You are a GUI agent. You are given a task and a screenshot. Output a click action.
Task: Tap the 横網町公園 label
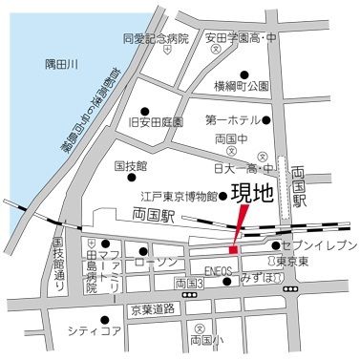point(244,86)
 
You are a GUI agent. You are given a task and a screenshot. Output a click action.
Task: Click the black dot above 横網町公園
point(244,72)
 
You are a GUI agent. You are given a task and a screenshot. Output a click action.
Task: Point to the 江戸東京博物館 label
point(174,196)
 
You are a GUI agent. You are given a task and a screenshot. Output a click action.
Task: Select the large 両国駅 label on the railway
point(159,215)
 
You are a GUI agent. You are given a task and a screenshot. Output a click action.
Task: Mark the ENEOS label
point(219,271)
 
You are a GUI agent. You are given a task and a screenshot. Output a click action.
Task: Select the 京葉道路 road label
point(154,309)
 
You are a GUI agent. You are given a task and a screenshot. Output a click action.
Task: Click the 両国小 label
point(206,339)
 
